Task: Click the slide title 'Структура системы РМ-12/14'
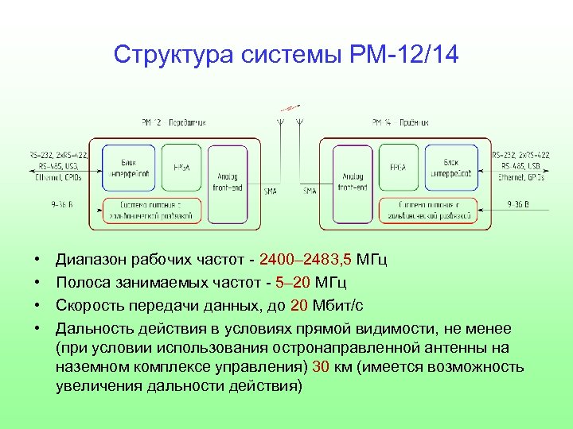(x=286, y=55)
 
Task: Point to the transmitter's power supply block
(x=151, y=211)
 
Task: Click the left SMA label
(x=271, y=191)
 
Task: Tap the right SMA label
(x=310, y=191)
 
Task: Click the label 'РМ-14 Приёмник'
(x=400, y=122)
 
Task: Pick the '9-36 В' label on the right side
(x=517, y=204)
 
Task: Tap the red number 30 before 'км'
(x=322, y=366)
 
